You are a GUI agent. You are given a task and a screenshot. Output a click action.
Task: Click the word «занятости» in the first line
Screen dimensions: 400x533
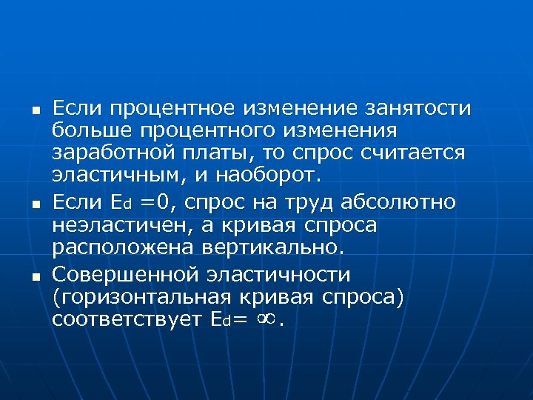pos(419,108)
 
